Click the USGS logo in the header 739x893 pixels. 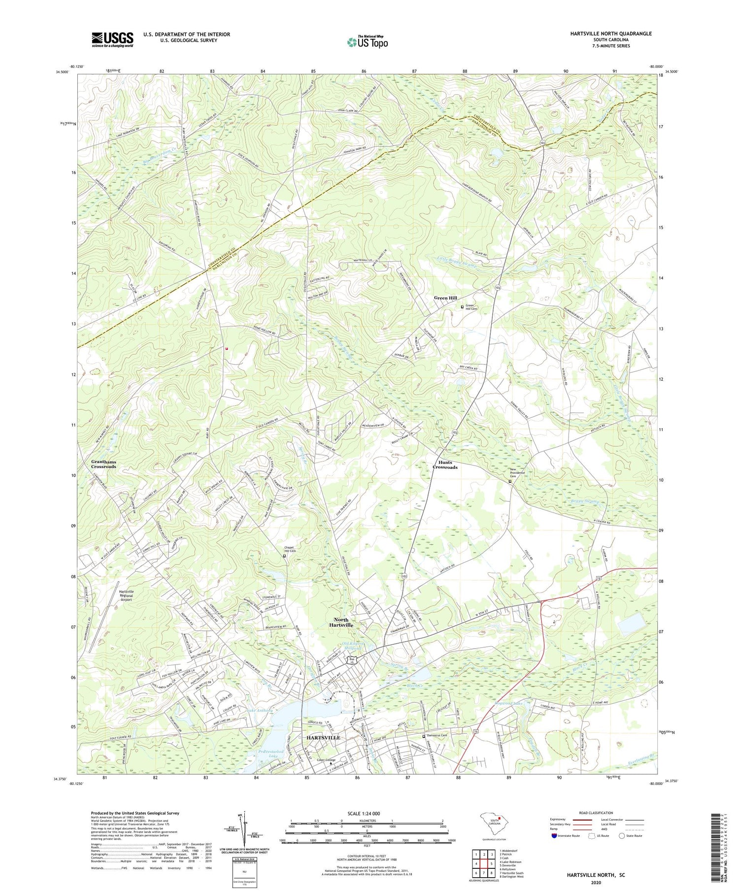click(x=112, y=39)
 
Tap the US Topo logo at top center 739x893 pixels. click(x=367, y=42)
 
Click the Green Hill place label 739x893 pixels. click(x=445, y=298)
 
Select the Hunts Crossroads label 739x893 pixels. click(x=445, y=464)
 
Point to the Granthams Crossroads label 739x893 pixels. click(x=103, y=463)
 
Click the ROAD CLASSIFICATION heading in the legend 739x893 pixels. click(x=596, y=813)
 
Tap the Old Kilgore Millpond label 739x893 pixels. click(x=352, y=646)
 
